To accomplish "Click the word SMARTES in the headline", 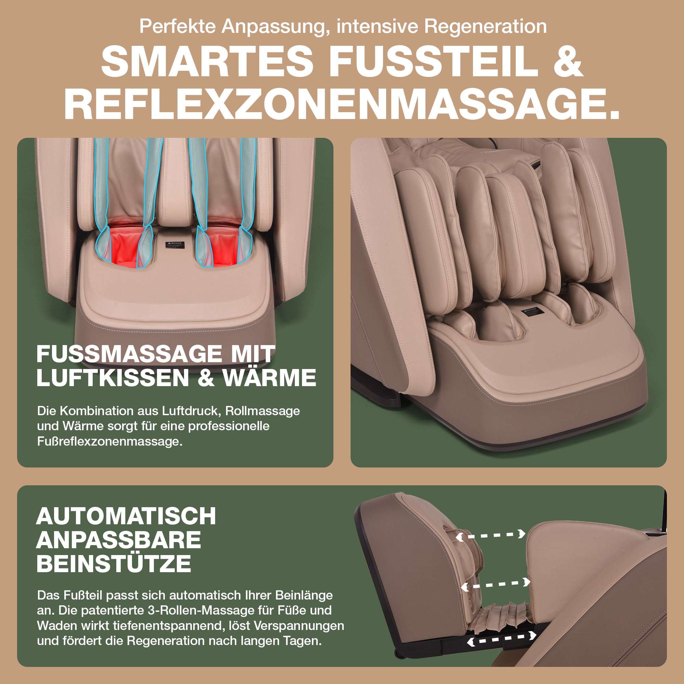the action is coord(207,61).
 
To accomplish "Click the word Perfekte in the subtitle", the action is coord(177,26).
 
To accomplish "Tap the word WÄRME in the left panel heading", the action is coord(269,378).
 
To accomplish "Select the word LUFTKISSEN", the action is coord(113,378).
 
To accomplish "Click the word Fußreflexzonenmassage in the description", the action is coord(110,442).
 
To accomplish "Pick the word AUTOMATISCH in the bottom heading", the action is coord(126,516).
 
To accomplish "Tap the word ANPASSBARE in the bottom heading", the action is coord(119,540).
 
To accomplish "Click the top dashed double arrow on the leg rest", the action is coord(490,535).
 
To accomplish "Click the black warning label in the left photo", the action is coord(175,244).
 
